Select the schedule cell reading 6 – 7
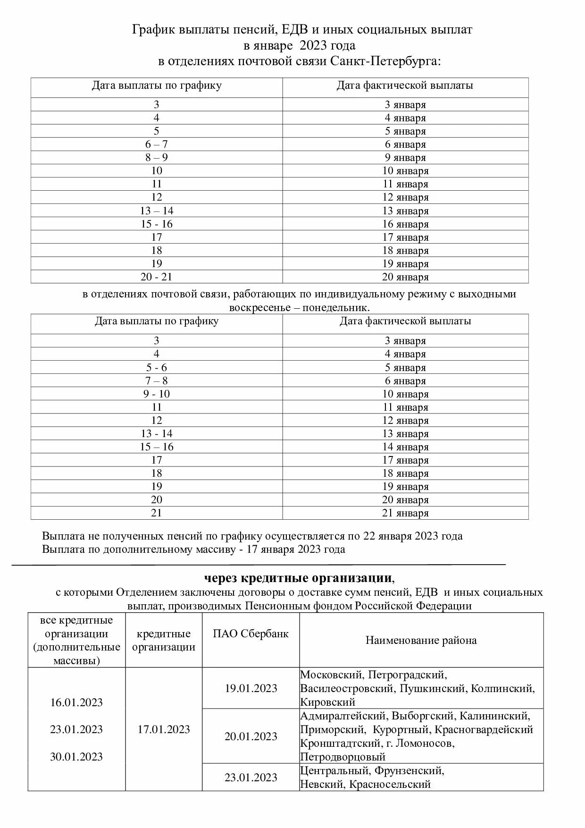157,144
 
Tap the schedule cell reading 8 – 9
157,158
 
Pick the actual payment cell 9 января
405,158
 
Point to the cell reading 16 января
405,224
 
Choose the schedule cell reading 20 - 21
157,277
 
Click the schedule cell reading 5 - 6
157,368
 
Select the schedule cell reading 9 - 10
157,394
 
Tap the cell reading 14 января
405,447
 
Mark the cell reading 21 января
405,513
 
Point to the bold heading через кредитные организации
298,578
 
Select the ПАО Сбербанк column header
251,634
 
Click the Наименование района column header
421,640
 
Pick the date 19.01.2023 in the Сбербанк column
251,688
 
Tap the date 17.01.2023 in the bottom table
164,729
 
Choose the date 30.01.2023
76,757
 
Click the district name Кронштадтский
340,744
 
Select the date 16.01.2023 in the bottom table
76,702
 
